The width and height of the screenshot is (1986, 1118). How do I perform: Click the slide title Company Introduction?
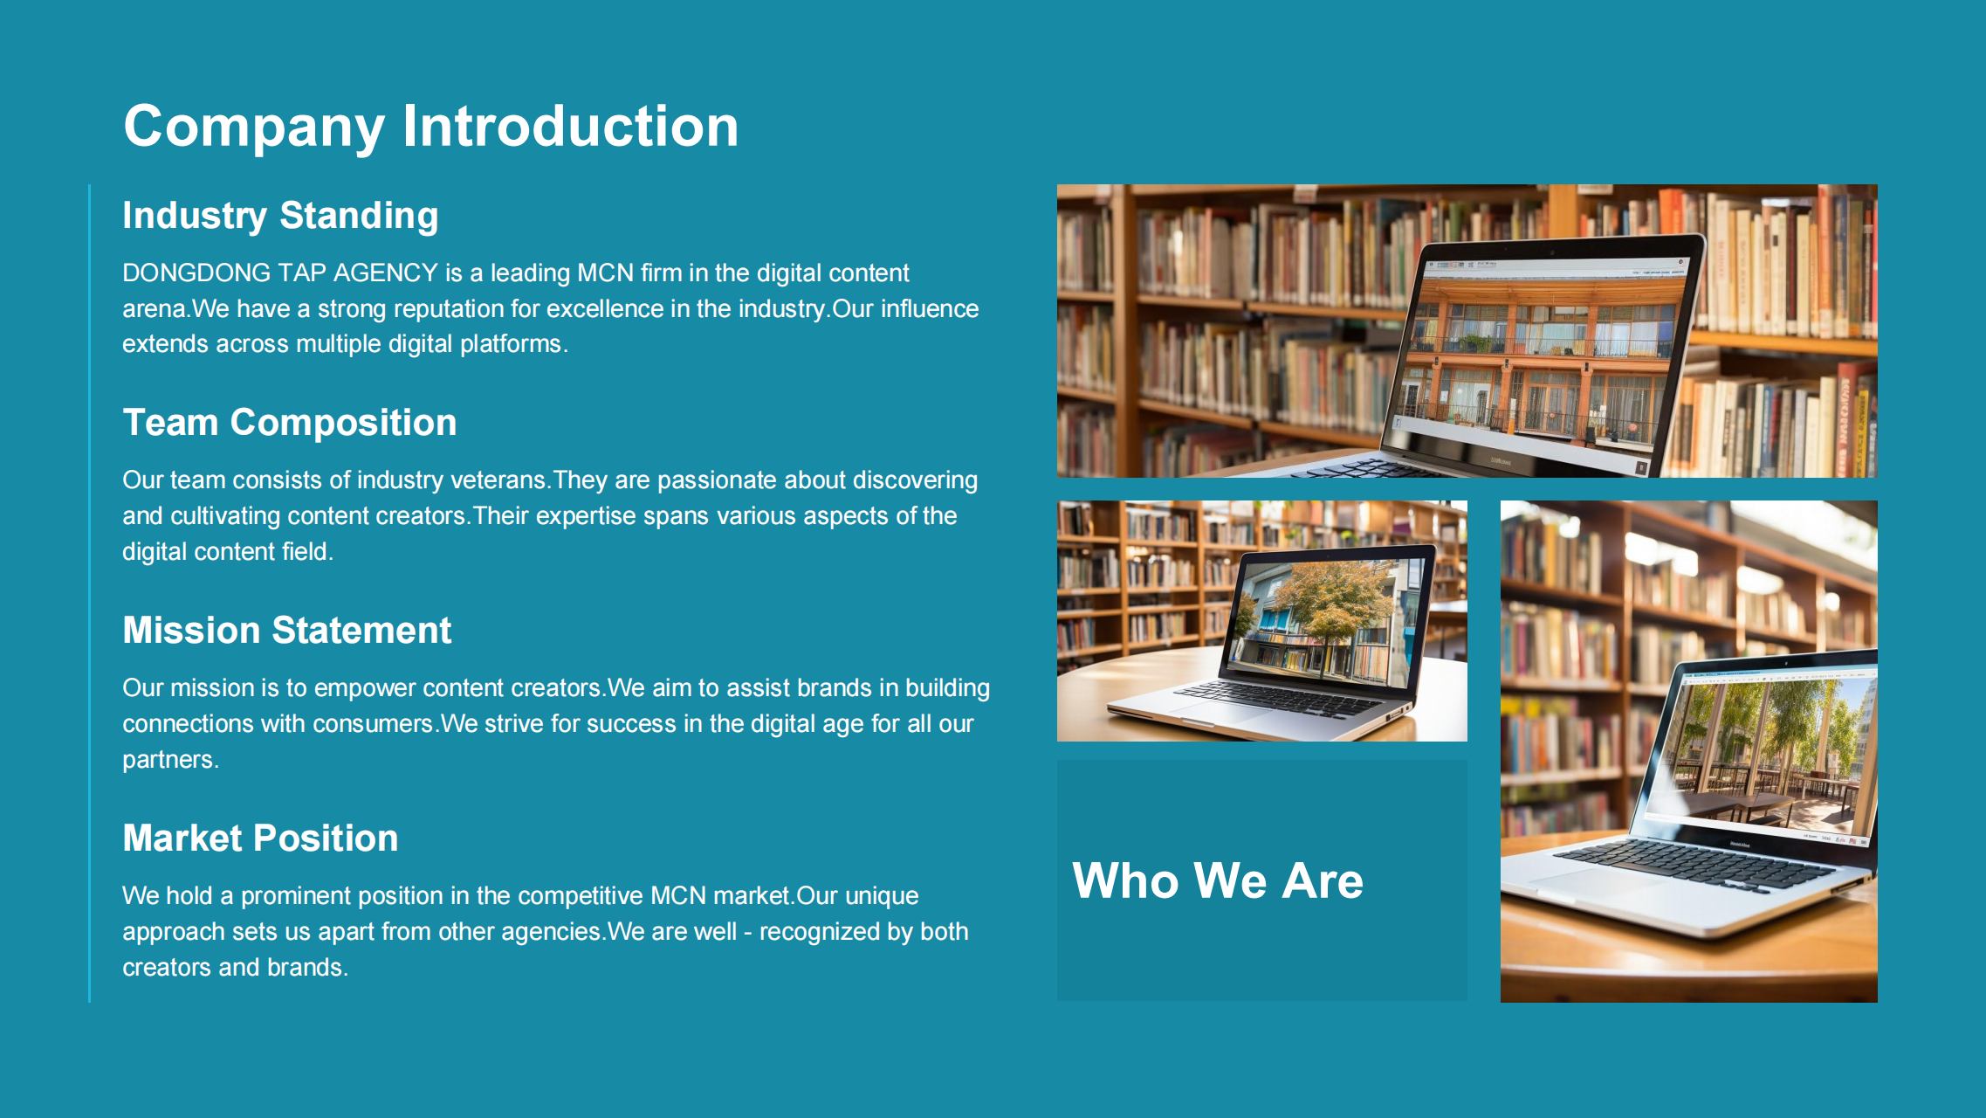pos(431,128)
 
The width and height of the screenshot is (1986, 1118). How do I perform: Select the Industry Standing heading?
pos(280,216)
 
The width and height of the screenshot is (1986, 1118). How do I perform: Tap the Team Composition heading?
pos(290,423)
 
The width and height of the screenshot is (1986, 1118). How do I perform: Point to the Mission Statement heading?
pos(287,630)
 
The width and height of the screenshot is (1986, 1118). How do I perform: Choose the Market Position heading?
pos(260,838)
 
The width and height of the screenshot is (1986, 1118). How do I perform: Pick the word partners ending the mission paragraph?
pos(168,761)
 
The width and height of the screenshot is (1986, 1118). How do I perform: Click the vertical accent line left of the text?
pos(90,593)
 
